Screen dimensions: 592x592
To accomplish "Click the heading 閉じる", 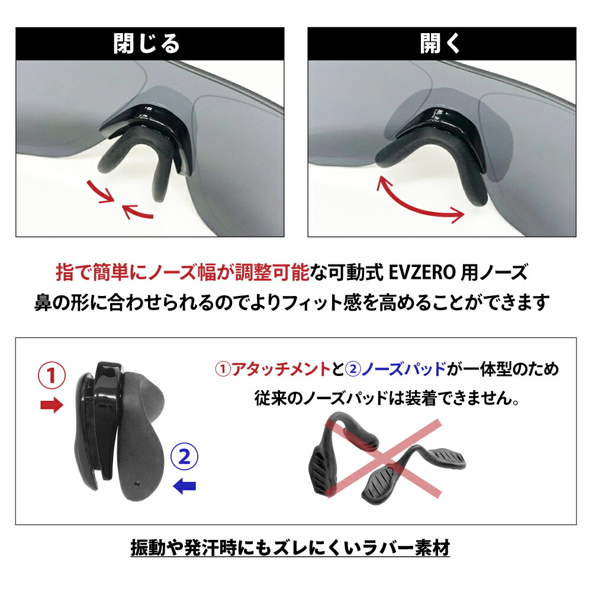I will pos(147,44).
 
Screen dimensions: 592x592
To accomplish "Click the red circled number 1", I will pos(51,375).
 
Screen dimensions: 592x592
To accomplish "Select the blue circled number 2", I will pos(184,456).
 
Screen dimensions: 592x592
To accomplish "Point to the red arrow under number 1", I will pos(51,406).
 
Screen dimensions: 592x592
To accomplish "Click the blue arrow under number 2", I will pos(184,486).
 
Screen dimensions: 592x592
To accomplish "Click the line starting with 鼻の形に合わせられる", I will pos(290,302).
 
